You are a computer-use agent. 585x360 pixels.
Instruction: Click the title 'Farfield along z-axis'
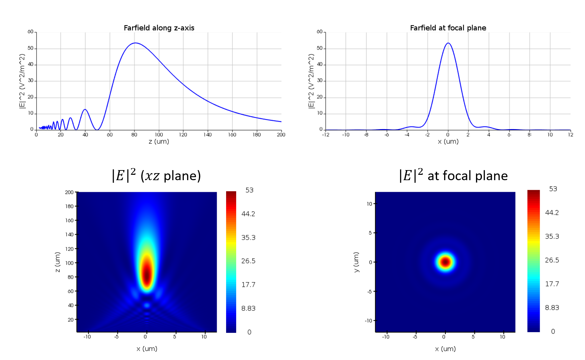click(159, 28)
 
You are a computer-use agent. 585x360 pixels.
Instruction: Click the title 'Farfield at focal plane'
click(448, 28)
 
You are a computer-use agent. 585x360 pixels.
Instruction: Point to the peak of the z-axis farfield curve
click(135, 43)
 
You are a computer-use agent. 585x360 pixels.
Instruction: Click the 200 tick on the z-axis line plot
click(281, 135)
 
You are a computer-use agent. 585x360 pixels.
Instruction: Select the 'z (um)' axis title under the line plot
click(159, 142)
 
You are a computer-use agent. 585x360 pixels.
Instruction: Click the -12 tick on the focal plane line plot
click(325, 135)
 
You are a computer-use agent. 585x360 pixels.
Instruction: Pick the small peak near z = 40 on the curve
click(85, 109)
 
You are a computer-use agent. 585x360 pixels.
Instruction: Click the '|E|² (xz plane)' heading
click(156, 175)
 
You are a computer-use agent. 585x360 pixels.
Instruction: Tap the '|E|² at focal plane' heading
click(453, 175)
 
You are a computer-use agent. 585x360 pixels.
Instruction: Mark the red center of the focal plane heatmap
click(445, 262)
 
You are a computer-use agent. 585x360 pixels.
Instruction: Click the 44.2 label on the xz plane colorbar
click(248, 214)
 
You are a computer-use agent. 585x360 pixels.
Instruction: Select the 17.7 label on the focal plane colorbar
click(552, 284)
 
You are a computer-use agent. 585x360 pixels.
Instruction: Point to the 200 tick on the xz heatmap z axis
click(69, 192)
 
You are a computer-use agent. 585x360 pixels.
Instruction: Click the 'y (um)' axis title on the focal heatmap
click(356, 262)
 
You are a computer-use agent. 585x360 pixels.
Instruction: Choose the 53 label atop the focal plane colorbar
click(553, 189)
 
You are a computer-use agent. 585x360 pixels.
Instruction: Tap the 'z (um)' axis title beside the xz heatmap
click(58, 262)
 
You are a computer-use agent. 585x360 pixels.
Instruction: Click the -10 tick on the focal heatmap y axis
click(369, 321)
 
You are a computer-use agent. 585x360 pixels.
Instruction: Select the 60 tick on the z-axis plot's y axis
click(30, 32)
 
